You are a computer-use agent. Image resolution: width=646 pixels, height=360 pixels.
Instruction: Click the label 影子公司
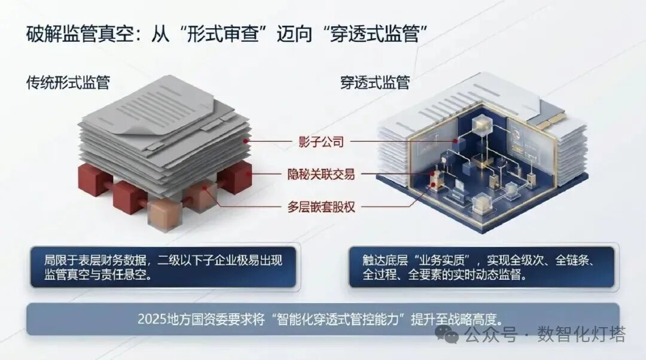[x=321, y=142]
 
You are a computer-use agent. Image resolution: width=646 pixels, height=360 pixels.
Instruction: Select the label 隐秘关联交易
[x=321, y=174]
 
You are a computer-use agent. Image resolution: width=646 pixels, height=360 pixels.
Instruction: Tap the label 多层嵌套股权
[x=321, y=206]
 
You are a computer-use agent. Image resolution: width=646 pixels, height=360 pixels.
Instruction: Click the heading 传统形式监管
[x=68, y=83]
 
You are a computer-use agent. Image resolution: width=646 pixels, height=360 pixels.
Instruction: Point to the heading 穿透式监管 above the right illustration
[x=375, y=83]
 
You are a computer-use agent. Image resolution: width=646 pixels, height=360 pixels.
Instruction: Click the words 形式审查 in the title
[x=223, y=33]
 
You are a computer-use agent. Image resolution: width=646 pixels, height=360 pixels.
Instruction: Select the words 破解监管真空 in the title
[x=80, y=33]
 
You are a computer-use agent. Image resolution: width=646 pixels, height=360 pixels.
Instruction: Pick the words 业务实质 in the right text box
[x=442, y=260]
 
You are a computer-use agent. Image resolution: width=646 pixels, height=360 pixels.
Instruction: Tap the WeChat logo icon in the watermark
[x=447, y=334]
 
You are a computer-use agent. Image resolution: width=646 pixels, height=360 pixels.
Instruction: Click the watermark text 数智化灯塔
[x=581, y=334]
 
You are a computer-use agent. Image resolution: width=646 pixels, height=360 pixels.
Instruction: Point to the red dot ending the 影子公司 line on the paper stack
[x=246, y=141]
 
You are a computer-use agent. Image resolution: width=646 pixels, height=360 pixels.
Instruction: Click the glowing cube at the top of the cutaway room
[x=480, y=126]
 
